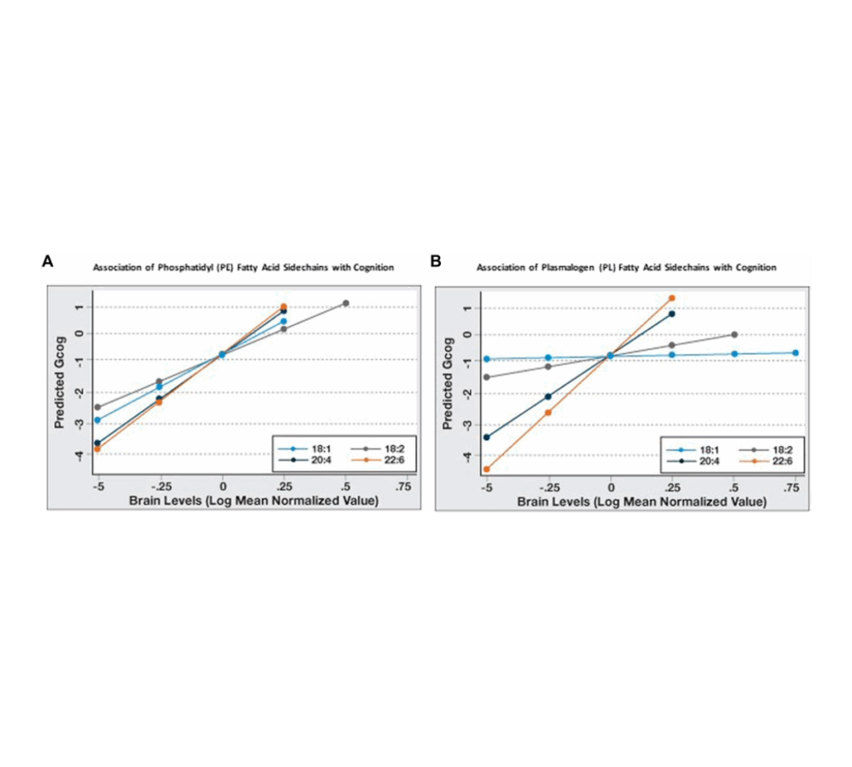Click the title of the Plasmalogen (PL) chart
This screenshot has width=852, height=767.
(626, 268)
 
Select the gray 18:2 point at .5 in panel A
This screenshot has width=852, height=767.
(345, 304)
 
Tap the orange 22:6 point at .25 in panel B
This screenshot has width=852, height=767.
(672, 298)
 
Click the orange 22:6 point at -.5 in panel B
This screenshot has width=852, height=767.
(487, 469)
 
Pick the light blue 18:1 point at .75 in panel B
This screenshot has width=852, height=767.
(795, 353)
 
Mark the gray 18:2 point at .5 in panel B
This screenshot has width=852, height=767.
(734, 334)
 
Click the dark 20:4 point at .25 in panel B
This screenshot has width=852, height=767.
(672, 314)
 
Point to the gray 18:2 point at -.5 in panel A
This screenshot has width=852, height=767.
(98, 407)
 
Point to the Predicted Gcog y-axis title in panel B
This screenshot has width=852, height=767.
(448, 382)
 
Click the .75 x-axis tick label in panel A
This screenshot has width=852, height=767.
(406, 487)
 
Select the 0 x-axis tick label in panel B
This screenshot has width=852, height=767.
(611, 487)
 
